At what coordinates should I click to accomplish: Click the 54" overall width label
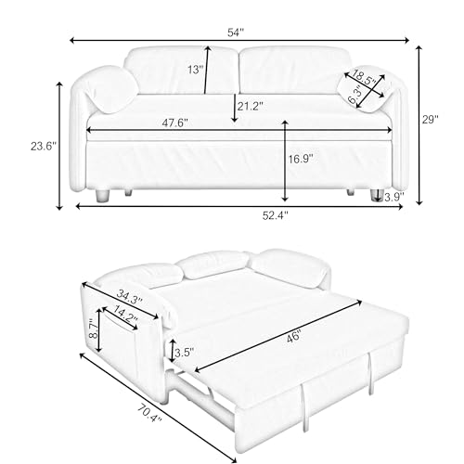[x=236, y=32]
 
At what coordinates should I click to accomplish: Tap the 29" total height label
[x=431, y=120]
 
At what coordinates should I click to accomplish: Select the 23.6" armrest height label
[x=44, y=146]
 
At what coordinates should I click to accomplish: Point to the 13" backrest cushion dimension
[x=196, y=70]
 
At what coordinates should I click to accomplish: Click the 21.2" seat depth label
[x=251, y=106]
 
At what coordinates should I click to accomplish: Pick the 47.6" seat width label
[x=175, y=122]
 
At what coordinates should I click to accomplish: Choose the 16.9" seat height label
[x=301, y=159]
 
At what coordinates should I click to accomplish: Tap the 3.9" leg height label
[x=394, y=197]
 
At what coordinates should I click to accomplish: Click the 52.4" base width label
[x=276, y=215]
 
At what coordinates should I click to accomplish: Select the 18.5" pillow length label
[x=365, y=78]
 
